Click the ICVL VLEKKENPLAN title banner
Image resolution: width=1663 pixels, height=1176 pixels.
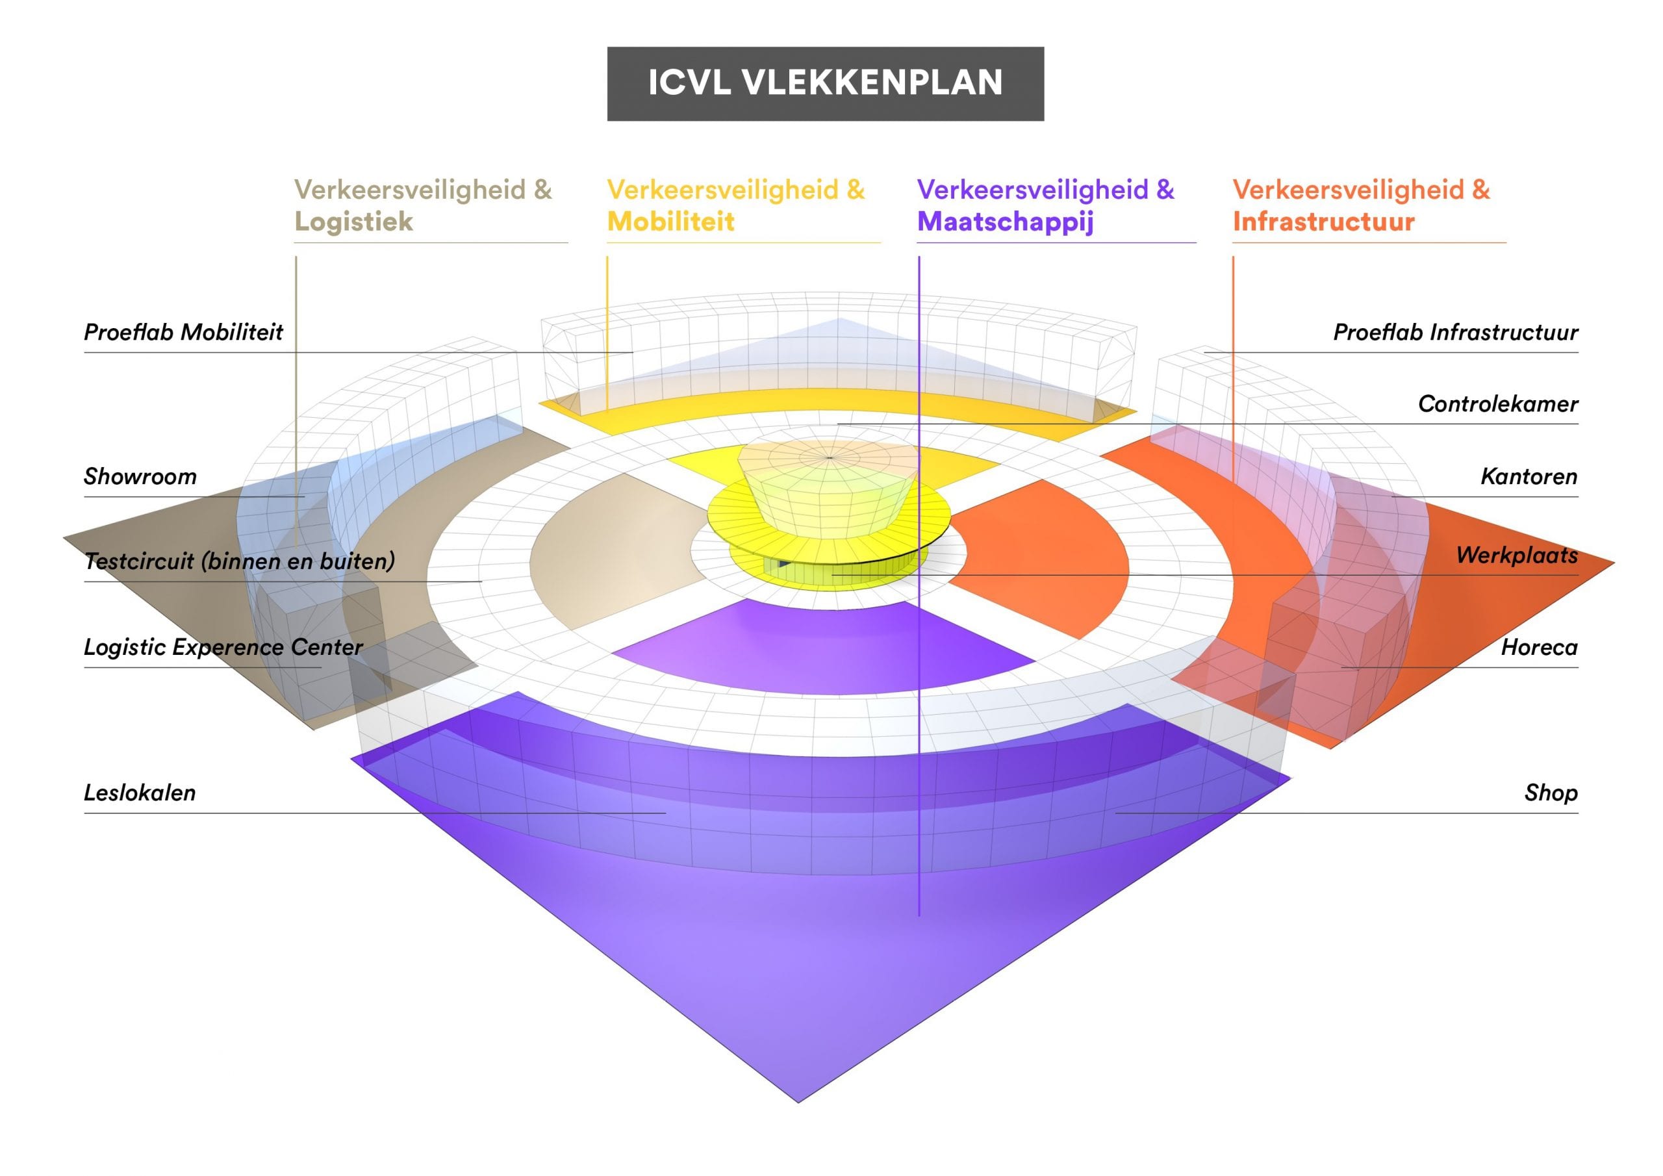(825, 84)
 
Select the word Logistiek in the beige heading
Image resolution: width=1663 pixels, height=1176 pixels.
(353, 222)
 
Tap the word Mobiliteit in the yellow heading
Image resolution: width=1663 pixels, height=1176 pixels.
(670, 222)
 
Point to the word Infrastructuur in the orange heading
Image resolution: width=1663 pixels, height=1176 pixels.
(1323, 222)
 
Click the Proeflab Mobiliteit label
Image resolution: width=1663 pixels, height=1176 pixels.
(183, 332)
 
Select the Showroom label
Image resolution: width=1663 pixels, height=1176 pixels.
(140, 476)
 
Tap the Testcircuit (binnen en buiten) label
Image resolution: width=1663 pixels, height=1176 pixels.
(240, 560)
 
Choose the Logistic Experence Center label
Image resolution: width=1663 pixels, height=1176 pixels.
(223, 647)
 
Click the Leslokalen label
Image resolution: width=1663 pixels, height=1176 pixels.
(140, 793)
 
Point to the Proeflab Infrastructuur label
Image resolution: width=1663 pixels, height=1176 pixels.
(1456, 332)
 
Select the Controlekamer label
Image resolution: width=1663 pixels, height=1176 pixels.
(1498, 403)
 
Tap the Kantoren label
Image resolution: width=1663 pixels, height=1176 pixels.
(1529, 476)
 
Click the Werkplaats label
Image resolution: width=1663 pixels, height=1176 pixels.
(1517, 555)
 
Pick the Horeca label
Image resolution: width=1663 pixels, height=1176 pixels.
(1539, 647)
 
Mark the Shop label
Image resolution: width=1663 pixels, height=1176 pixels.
(1551, 793)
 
